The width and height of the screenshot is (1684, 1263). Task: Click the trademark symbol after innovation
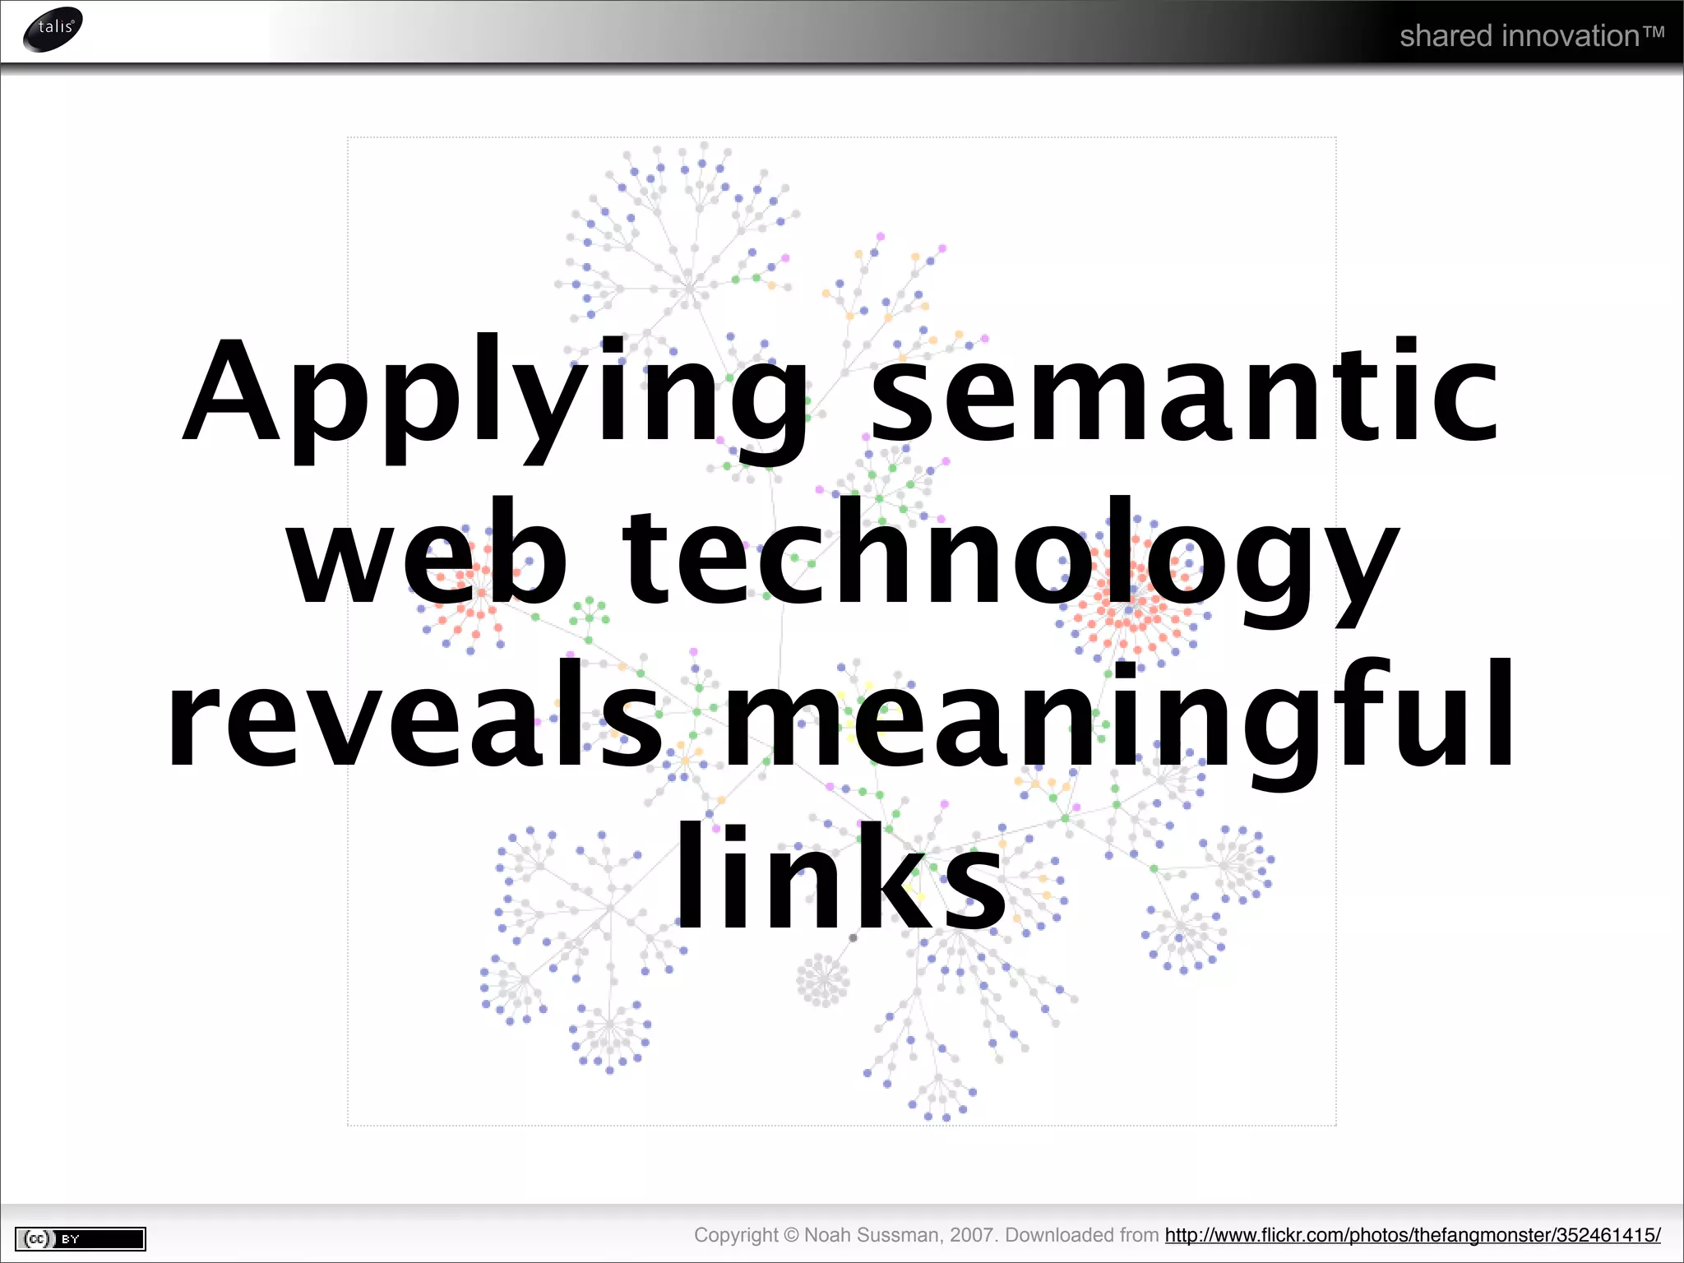tap(1654, 33)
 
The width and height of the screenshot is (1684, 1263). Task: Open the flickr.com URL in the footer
tap(1413, 1235)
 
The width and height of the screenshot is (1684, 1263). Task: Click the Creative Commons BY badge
tap(81, 1238)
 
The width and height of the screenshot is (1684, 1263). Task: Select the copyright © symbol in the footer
tap(791, 1235)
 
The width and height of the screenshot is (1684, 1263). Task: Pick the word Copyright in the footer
tap(735, 1235)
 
